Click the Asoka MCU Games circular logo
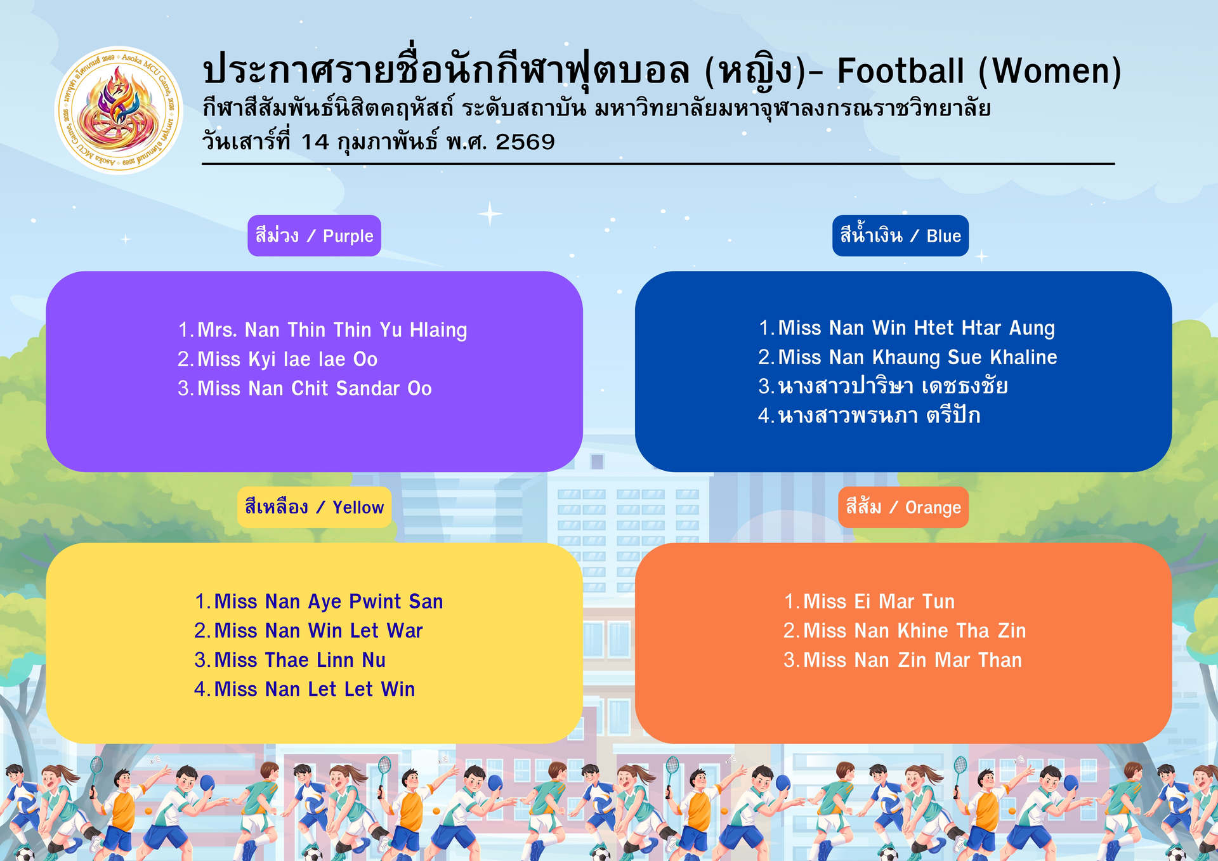click(x=119, y=110)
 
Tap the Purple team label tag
click(x=314, y=236)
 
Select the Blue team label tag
click(x=900, y=236)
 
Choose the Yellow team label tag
click(x=314, y=508)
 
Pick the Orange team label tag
click(x=903, y=508)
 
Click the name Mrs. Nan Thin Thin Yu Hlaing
click(x=332, y=331)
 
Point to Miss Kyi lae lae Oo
click(x=287, y=359)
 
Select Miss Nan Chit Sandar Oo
click(x=315, y=388)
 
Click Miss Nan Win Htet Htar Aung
click(x=916, y=329)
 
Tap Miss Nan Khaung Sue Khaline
click(x=917, y=357)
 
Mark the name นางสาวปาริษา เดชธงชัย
click(x=893, y=386)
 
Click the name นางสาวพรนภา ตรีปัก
click(x=879, y=416)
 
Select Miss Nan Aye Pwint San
click(x=329, y=601)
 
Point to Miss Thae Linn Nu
click(x=300, y=660)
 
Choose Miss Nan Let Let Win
click(x=315, y=689)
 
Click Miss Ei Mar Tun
click(x=879, y=601)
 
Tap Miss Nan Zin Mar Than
click(x=912, y=660)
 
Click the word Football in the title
click(x=901, y=70)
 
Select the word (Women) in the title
click(x=1051, y=71)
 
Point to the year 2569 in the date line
click(x=525, y=142)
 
